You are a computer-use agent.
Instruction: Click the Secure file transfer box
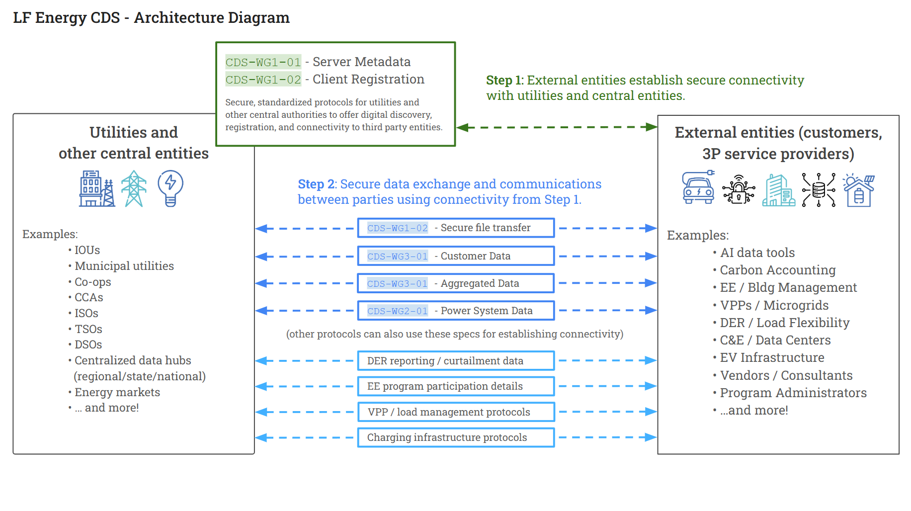pos(456,228)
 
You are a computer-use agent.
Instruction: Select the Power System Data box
pos(456,311)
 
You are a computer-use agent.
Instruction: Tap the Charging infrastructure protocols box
pos(456,437)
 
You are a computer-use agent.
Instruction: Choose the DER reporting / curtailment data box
pos(456,361)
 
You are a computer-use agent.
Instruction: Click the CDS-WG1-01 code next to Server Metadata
pos(263,62)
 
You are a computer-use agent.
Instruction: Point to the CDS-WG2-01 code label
pos(397,311)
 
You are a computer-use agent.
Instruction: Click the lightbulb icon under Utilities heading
pos(170,188)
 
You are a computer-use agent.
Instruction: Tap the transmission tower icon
pos(134,188)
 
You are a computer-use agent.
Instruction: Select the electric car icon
pos(698,187)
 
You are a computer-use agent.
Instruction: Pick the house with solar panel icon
pos(859,190)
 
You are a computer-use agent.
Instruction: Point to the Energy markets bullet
pos(114,392)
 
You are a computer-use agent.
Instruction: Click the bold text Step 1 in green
pos(504,80)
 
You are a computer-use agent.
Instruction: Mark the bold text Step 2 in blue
pos(316,184)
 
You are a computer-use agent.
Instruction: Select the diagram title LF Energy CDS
pos(67,18)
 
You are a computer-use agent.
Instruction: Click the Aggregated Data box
pos(456,283)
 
